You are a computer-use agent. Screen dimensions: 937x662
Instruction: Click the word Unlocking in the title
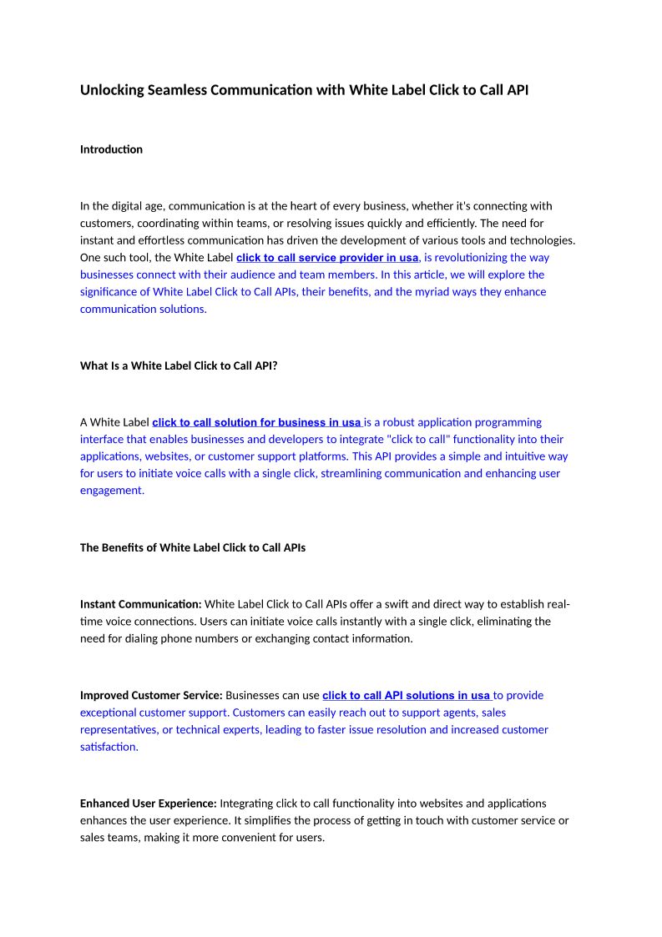112,89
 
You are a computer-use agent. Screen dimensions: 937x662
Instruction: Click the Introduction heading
111,149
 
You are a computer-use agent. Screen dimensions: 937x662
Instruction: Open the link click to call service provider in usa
327,258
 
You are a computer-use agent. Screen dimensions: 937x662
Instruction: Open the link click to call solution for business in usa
256,422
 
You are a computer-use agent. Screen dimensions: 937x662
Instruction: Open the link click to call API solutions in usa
406,695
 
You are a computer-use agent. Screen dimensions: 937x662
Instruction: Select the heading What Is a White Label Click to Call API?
179,365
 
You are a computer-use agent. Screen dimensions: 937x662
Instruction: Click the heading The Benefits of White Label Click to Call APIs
193,548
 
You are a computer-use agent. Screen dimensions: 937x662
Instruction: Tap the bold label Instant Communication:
140,604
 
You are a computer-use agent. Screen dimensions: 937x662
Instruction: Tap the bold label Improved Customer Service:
151,695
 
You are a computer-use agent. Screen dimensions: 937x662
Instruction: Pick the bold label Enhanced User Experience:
148,804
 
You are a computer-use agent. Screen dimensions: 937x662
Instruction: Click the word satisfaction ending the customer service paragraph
109,747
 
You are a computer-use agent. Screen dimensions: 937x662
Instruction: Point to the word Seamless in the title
176,89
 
